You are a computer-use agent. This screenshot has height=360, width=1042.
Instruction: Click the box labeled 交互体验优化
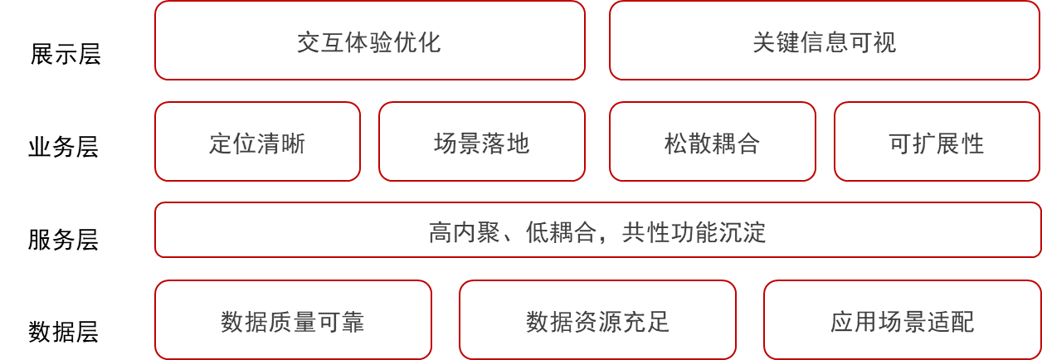pos(369,41)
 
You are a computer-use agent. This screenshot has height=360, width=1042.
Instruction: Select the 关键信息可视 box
pos(824,41)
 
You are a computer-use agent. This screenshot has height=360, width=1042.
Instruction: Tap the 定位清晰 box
pos(257,142)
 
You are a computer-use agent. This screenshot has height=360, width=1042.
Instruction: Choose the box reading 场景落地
pos(481,142)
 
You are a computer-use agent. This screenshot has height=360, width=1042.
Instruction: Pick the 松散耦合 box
pos(712,142)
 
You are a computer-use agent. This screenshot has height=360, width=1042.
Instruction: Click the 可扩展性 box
pos(936,142)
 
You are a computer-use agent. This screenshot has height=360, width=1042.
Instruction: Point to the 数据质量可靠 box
pos(293,321)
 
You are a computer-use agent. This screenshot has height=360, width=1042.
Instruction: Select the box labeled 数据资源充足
pos(597,321)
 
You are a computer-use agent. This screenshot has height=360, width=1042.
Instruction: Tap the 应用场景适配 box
pos(902,321)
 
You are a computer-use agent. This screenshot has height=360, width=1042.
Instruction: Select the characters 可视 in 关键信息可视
pos(872,42)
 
